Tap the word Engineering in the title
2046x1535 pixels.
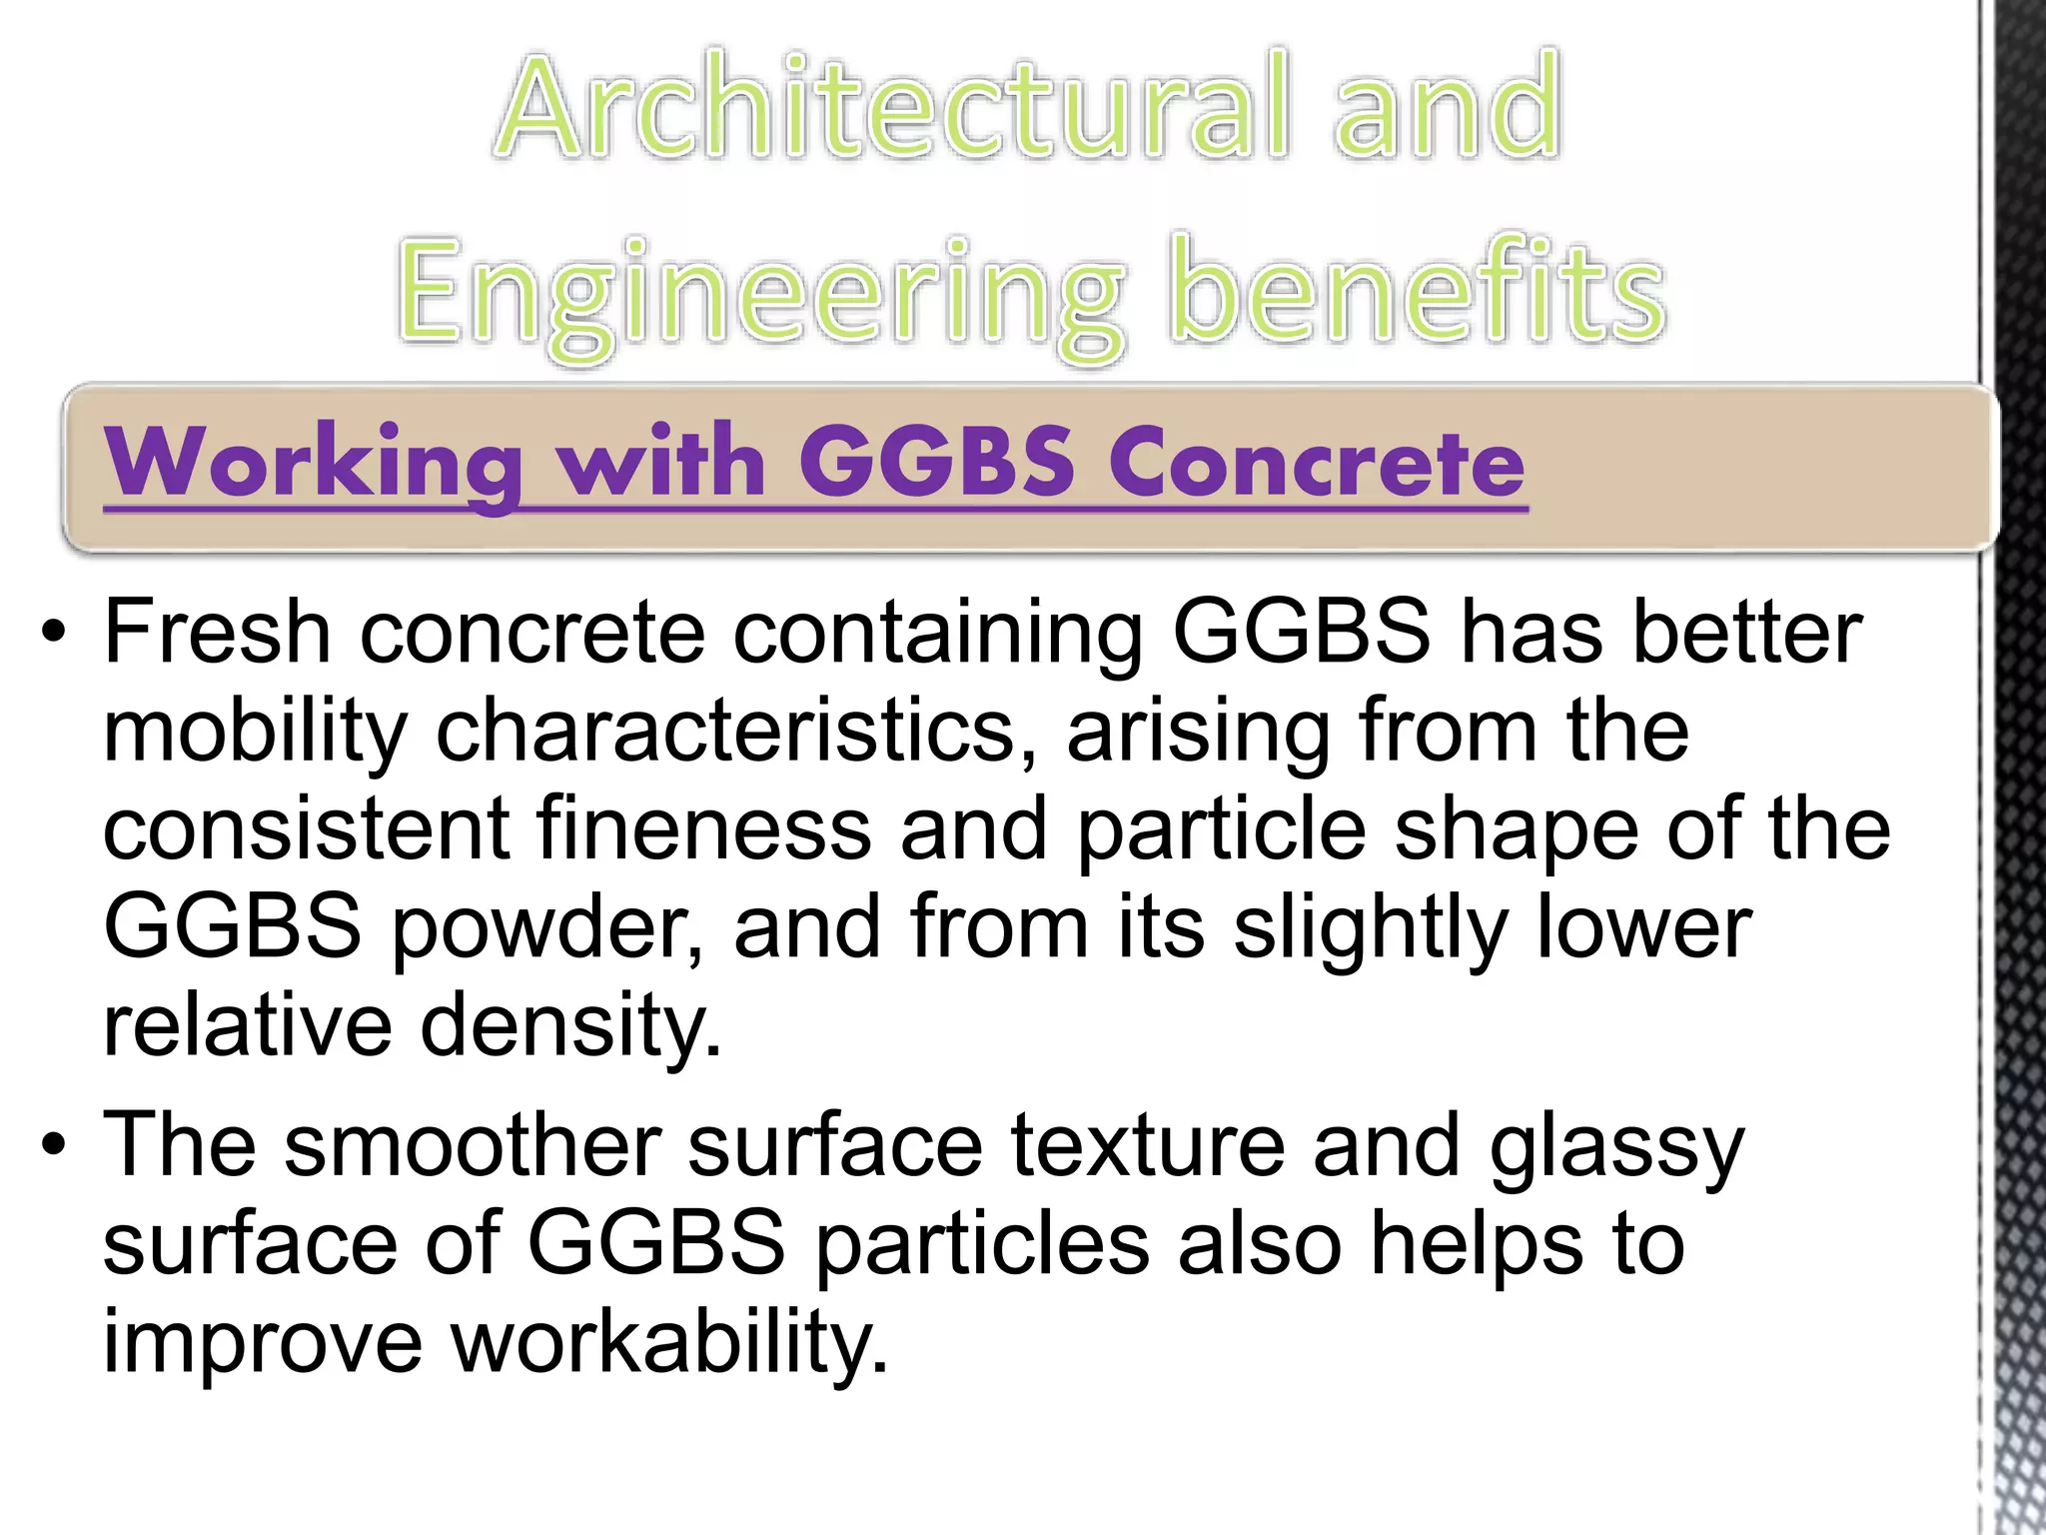(759, 293)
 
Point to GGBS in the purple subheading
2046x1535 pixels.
(938, 462)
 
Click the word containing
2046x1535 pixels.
(938, 634)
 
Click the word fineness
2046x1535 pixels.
(703, 828)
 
